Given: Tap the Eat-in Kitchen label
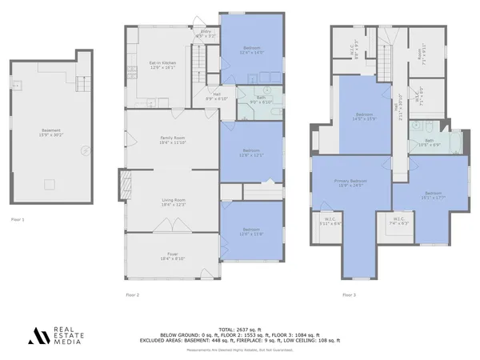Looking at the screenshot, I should click(162, 65).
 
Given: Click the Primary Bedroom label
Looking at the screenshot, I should click(350, 183).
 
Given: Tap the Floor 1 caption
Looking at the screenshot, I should click(18, 218).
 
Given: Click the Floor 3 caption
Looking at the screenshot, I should click(349, 295).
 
